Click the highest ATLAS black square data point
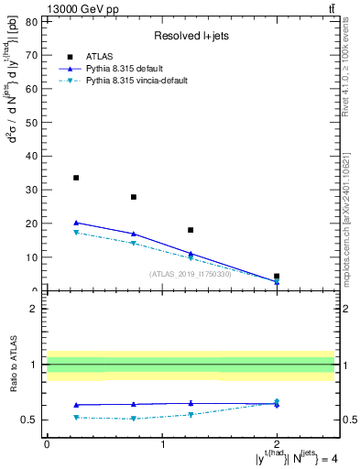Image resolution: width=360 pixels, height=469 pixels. point(76,178)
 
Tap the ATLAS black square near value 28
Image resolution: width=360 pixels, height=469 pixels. point(134,197)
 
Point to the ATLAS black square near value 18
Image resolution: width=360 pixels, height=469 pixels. point(191,230)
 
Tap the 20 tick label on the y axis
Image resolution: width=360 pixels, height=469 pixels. point(32,224)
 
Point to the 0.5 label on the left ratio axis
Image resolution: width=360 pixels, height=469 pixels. point(30,420)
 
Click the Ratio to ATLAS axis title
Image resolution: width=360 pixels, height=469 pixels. point(13,365)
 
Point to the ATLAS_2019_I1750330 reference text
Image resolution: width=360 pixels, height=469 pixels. point(191,273)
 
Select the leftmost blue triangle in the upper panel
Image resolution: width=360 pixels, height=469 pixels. point(76,223)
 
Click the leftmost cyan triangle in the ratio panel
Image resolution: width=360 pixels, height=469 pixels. point(76,417)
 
